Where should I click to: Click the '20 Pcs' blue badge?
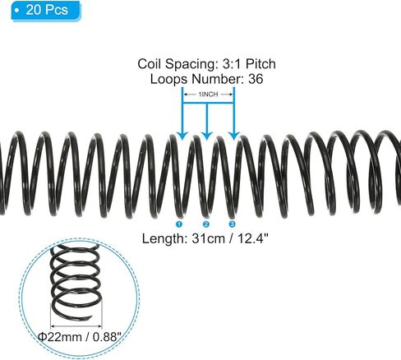46,11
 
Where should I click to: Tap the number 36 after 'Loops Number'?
256,79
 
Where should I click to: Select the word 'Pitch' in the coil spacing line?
260,64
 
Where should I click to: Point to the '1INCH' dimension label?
208,95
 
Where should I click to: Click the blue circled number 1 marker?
179,224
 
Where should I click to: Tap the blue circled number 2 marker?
206,224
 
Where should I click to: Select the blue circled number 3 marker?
232,224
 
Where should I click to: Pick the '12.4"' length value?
252,238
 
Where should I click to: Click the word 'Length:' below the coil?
164,238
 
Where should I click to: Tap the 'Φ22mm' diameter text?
59,337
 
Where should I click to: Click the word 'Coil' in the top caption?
150,64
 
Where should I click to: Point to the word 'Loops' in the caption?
168,79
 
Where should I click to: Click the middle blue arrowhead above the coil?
207,135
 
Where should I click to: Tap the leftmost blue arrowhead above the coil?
182,135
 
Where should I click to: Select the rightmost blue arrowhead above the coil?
234,135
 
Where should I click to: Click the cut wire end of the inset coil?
90,318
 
